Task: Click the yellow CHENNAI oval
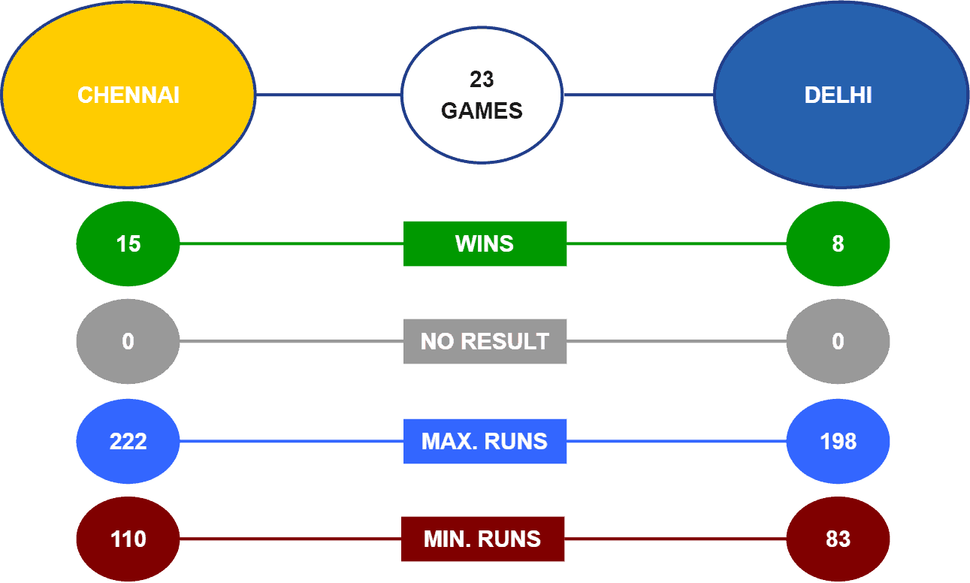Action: click(x=128, y=95)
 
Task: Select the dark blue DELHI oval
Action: click(x=841, y=95)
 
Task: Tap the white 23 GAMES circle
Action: click(x=482, y=95)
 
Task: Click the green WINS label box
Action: click(x=485, y=243)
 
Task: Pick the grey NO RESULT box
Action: click(x=485, y=341)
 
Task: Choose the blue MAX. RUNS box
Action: click(x=485, y=441)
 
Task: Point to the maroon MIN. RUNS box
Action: click(x=483, y=539)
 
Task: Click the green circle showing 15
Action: click(x=128, y=243)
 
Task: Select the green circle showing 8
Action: click(x=838, y=243)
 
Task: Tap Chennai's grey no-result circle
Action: click(x=128, y=341)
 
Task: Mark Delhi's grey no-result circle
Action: click(x=838, y=341)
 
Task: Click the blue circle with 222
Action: click(x=128, y=441)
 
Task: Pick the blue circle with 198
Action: click(x=838, y=441)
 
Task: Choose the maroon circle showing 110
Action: click(x=128, y=539)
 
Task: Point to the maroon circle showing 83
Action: click(x=838, y=539)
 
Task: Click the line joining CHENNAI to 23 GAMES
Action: click(x=328, y=95)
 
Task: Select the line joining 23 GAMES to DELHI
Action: click(x=639, y=95)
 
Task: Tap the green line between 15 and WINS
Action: click(x=292, y=243)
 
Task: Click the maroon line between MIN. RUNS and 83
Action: click(x=675, y=539)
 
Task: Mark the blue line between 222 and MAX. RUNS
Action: click(x=292, y=441)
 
